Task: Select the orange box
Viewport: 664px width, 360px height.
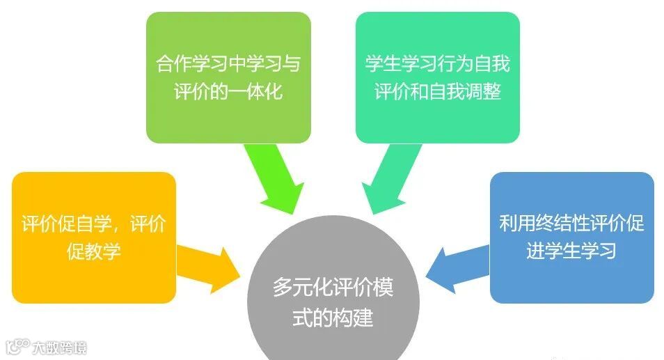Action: pyautogui.click(x=94, y=237)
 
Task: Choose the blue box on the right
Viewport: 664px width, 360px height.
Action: pyautogui.click(x=571, y=237)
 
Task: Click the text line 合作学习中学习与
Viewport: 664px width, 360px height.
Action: pyautogui.click(x=228, y=64)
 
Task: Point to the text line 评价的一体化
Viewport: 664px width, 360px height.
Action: pyautogui.click(x=228, y=91)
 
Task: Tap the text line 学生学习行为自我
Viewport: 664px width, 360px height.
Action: pyautogui.click(x=438, y=64)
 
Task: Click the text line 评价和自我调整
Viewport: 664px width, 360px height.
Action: pyautogui.click(x=438, y=91)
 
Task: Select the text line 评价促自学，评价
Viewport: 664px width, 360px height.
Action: pyautogui.click(x=94, y=224)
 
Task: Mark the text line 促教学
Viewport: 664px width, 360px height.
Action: pyautogui.click(x=94, y=251)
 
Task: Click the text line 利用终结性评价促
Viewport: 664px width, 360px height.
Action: pyautogui.click(x=571, y=224)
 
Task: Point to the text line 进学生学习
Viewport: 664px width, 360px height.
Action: pyautogui.click(x=571, y=250)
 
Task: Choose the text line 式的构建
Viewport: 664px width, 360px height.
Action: pyautogui.click(x=333, y=318)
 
